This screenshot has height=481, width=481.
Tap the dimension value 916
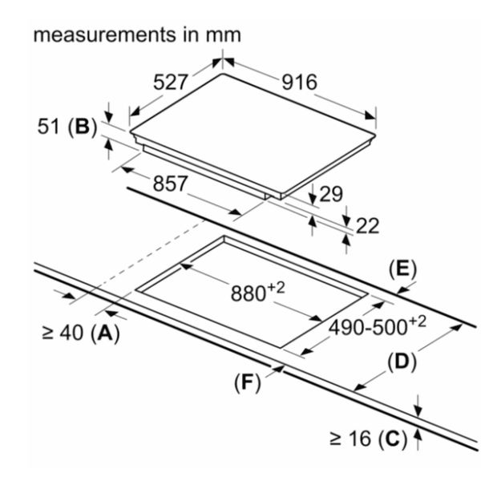click(298, 82)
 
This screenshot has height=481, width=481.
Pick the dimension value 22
click(366, 226)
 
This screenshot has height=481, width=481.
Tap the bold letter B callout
click(82, 126)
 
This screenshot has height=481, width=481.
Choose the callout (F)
click(250, 382)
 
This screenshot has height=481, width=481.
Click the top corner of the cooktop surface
click(223, 75)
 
